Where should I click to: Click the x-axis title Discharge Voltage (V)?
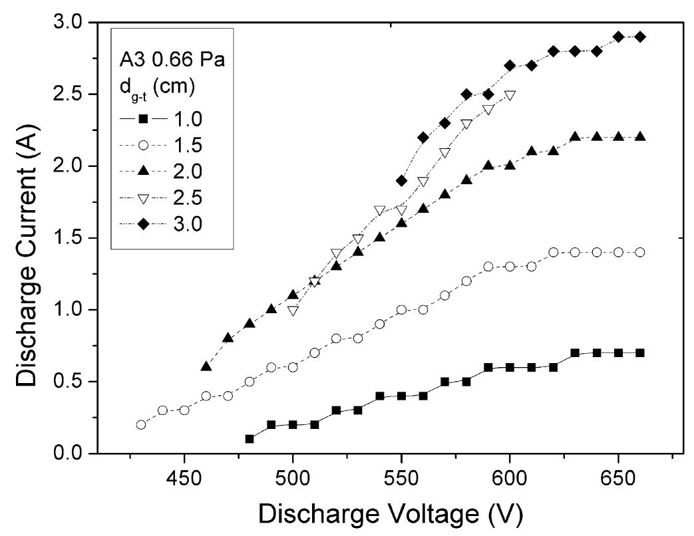click(390, 513)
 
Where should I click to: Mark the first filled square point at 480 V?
click(250, 439)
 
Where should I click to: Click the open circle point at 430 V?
click(141, 424)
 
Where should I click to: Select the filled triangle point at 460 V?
click(206, 366)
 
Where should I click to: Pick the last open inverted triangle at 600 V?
click(510, 95)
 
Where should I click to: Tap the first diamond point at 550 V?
click(401, 180)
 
